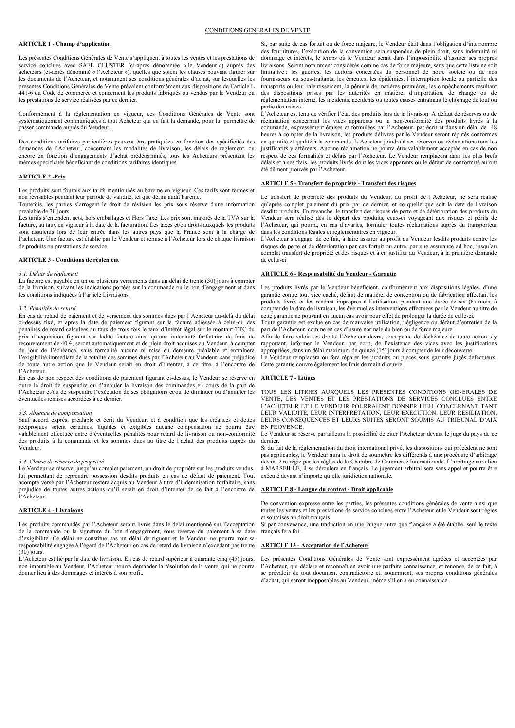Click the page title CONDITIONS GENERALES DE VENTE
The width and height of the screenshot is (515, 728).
[257, 30]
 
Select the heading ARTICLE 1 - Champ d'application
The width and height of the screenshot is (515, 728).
[64, 44]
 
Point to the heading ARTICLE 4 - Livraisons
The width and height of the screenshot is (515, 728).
[51, 510]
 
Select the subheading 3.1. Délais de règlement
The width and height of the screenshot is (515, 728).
[48, 274]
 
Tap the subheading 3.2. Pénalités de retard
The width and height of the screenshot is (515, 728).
[47, 308]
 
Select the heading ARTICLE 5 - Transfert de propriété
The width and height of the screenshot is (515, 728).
[338, 183]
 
